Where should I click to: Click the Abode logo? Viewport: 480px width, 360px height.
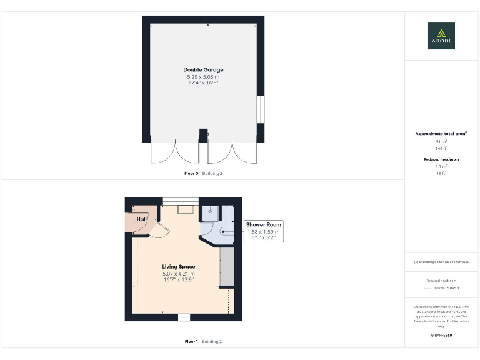tap(441, 36)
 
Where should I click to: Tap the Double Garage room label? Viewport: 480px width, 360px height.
tap(203, 69)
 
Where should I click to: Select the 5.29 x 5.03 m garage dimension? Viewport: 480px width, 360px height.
tap(203, 76)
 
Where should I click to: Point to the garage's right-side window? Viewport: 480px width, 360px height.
tap(261, 109)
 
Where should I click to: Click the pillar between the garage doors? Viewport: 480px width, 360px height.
tap(203, 135)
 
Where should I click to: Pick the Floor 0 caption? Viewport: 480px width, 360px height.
tap(191, 173)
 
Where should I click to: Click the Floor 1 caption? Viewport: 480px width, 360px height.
tap(191, 342)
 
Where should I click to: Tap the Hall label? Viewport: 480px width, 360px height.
tap(142, 219)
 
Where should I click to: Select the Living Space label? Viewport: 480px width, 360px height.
tap(179, 267)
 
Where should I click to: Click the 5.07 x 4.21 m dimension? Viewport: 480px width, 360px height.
tap(179, 274)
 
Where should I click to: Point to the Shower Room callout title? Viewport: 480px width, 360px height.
tap(264, 224)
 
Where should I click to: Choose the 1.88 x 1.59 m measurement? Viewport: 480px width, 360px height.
tap(264, 232)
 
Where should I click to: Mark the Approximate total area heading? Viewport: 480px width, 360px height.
tap(441, 134)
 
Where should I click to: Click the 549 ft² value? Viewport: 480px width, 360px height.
tap(441, 148)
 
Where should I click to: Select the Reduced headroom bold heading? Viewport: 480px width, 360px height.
tap(441, 159)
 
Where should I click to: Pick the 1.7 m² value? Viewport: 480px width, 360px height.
tap(441, 166)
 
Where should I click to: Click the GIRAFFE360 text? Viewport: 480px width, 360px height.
tap(441, 336)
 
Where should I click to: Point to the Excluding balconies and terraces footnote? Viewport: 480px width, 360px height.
tap(441, 262)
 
